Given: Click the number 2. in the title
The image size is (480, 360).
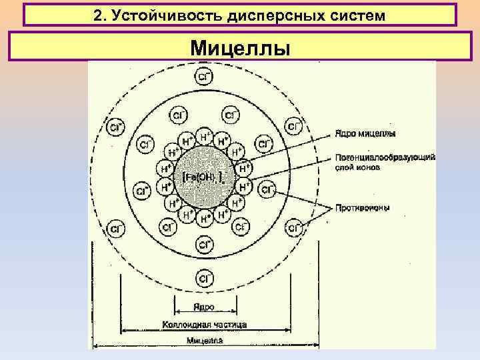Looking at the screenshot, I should coord(100,15).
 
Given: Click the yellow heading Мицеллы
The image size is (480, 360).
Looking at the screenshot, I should coord(240,48).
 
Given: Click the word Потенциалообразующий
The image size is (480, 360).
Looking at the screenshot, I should coord(385,158).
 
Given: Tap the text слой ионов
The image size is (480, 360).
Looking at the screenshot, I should coord(357,169).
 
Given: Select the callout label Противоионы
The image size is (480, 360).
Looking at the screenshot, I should coord(362,208).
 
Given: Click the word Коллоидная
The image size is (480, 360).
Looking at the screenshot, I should coord(184,325).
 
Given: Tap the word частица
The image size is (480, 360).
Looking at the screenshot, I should coord(228,325).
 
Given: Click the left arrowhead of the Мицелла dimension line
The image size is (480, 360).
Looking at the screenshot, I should coord(95,345).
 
